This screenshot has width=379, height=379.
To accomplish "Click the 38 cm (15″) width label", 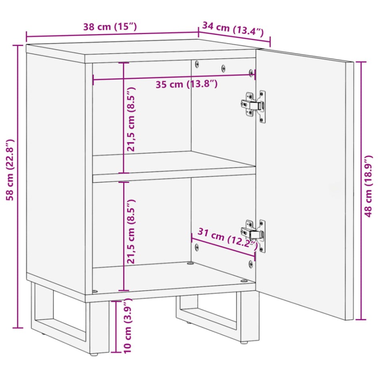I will point(110,27).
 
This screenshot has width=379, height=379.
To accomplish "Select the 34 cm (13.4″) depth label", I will point(233,29).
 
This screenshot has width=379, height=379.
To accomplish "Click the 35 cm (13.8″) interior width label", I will point(186,84).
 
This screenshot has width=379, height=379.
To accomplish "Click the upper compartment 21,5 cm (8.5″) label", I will point(131,119).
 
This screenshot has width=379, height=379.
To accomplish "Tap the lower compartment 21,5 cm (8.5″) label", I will point(131,231).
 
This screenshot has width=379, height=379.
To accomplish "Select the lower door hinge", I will point(253,235).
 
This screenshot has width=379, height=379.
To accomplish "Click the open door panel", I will point(304,184).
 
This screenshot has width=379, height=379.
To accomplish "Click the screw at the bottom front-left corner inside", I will point(95,291).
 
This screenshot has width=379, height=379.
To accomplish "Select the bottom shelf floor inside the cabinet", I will point(172,276).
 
